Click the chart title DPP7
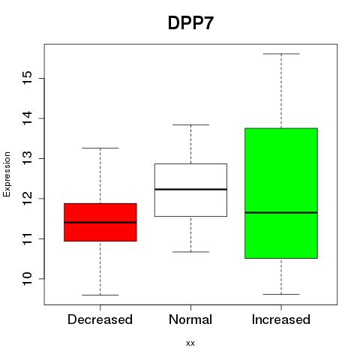click(x=190, y=23)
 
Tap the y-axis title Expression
click(x=7, y=174)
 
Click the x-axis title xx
click(x=190, y=343)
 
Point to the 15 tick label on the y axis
click(x=28, y=78)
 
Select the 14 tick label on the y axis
click(x=28, y=118)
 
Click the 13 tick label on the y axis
click(x=28, y=158)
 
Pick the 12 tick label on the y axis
click(x=28, y=199)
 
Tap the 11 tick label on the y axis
click(x=28, y=238)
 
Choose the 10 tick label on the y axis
click(x=28, y=279)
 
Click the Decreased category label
click(x=100, y=319)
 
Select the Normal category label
click(x=190, y=319)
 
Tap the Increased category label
click(x=281, y=319)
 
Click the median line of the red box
click(x=100, y=222)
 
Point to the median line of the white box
click(x=190, y=189)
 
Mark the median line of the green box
click(x=281, y=212)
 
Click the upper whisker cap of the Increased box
click(x=281, y=54)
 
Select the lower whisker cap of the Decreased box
click(x=100, y=295)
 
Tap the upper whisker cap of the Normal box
click(x=190, y=124)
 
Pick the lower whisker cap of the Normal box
click(x=190, y=252)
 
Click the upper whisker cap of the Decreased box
click(x=100, y=148)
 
